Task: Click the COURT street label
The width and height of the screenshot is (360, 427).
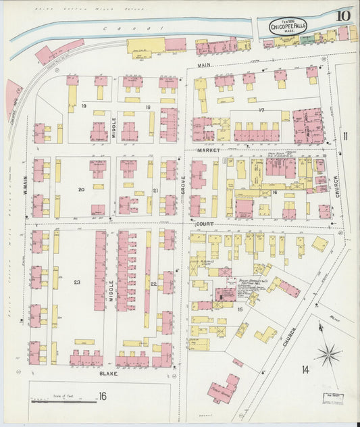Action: click(205, 222)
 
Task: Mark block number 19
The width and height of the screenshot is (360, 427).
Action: click(84, 107)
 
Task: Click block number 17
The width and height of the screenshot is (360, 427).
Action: click(261, 110)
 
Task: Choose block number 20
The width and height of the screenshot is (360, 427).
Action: click(81, 190)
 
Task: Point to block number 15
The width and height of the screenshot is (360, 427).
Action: click(240, 309)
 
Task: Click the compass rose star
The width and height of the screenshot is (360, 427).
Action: click(330, 352)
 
